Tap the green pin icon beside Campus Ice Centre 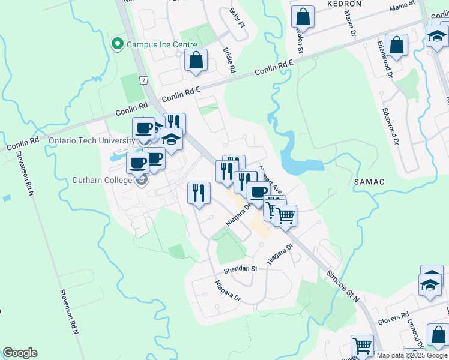coord(116,44)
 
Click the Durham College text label coord(101,179)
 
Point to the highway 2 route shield coord(143,80)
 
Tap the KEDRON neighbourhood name coord(344,4)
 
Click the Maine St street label coord(402,5)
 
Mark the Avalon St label coord(298,38)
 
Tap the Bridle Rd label coord(229,61)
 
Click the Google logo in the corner coord(20,353)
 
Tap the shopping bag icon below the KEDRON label coord(304,18)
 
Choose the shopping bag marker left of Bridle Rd coord(196,60)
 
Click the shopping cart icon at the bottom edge coord(362,345)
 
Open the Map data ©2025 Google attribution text coord(412,355)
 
